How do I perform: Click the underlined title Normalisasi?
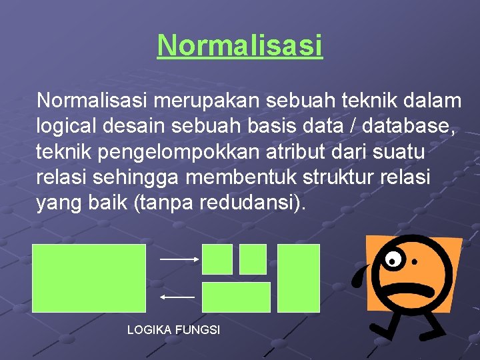(239, 45)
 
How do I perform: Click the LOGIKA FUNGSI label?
(173, 330)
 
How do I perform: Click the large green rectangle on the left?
(89, 277)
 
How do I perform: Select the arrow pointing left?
(178, 296)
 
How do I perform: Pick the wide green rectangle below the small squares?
(236, 297)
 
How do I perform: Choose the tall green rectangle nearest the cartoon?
(299, 277)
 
